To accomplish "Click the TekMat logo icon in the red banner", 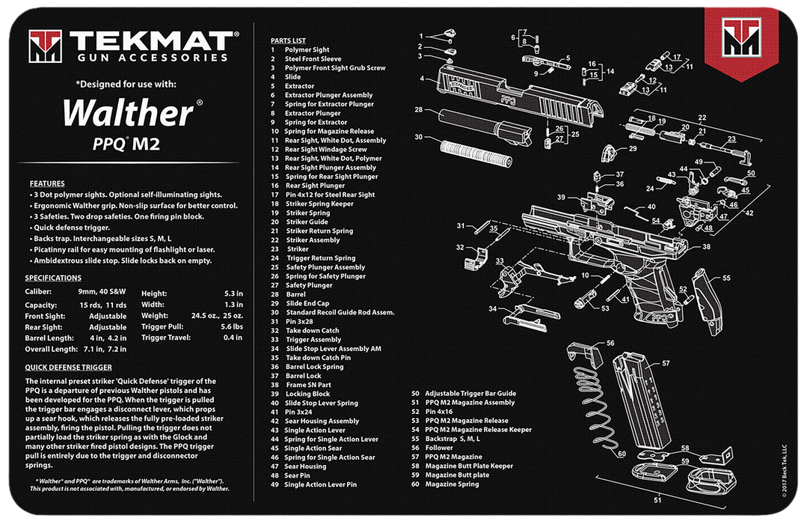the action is click(x=741, y=37).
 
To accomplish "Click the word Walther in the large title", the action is click(x=128, y=113).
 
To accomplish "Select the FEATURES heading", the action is click(x=47, y=183).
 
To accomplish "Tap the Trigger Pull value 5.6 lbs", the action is click(x=232, y=326).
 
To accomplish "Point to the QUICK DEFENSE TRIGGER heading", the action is click(x=68, y=368).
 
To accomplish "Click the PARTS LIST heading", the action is click(x=288, y=40).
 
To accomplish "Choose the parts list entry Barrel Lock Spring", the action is click(x=314, y=367).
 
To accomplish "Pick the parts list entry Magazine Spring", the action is click(x=452, y=484).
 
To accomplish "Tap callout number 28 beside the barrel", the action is click(x=418, y=109).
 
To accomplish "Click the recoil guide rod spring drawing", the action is click(x=476, y=153).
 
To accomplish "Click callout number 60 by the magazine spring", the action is click(x=622, y=454).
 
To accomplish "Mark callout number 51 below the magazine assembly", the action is click(x=657, y=500).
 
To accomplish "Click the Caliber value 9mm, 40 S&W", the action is click(x=102, y=292).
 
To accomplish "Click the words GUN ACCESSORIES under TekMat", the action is click(x=153, y=58).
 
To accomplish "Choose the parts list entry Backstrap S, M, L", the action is click(x=452, y=439).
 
